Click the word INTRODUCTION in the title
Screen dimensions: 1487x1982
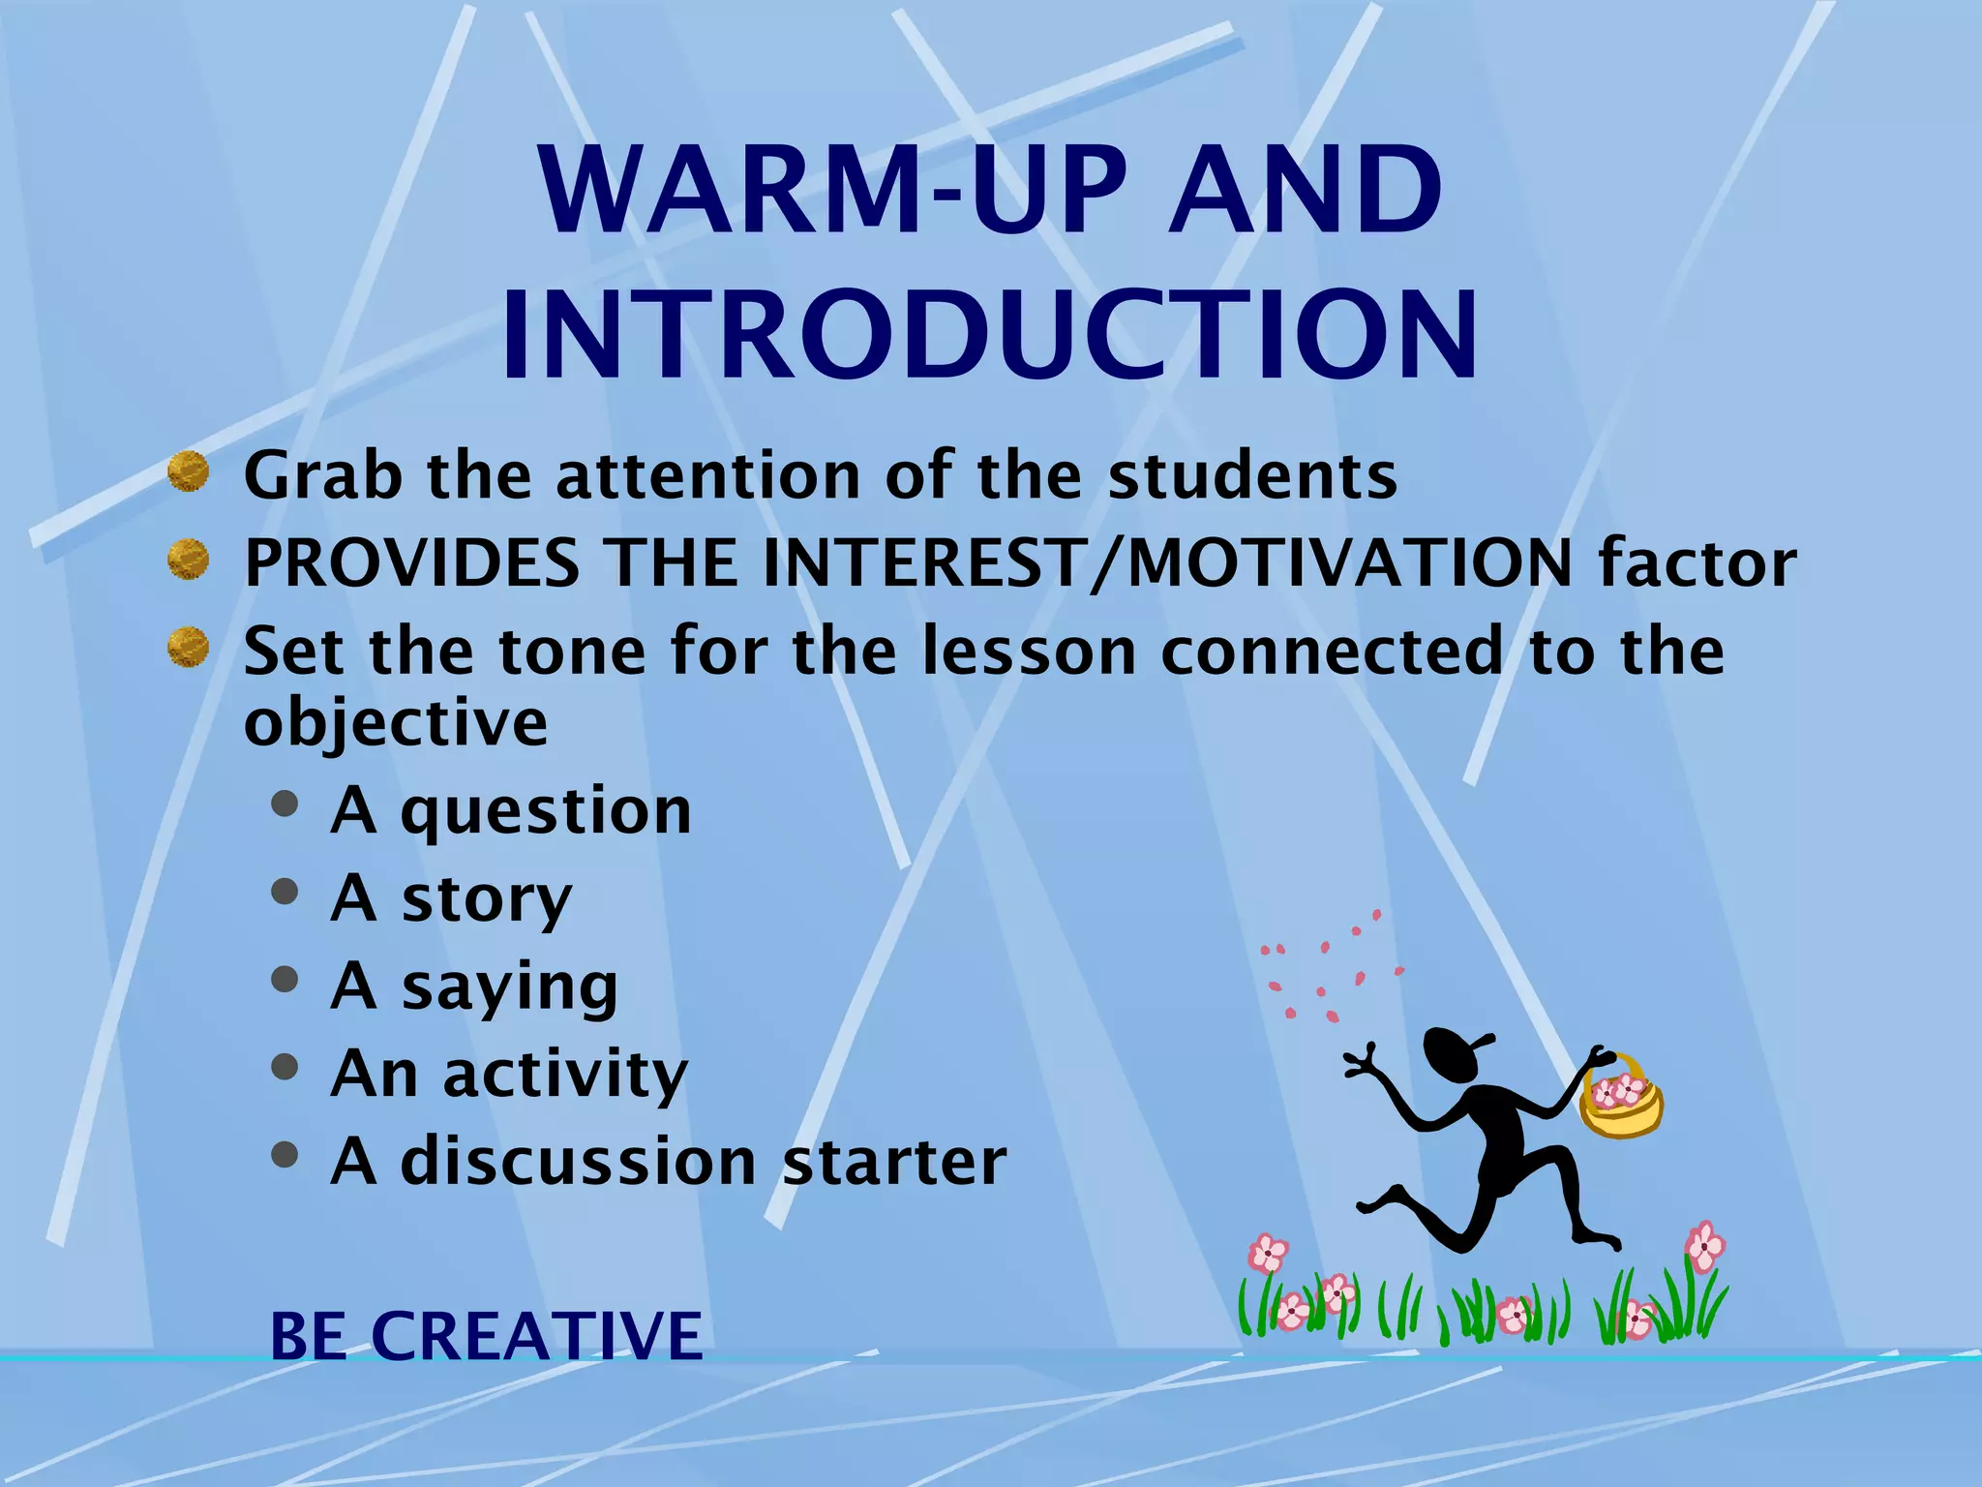(x=989, y=334)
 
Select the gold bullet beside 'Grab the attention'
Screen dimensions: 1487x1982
(x=188, y=472)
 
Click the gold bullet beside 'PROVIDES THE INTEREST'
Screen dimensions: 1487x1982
(x=188, y=560)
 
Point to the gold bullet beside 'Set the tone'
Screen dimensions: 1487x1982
(x=188, y=647)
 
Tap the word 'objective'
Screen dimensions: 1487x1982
(x=395, y=722)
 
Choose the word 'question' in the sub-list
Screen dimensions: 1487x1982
(x=546, y=811)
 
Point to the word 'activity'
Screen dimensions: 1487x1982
(x=565, y=1074)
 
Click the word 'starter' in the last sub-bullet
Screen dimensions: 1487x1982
(x=894, y=1161)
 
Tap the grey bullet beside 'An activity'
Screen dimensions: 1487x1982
(x=285, y=1067)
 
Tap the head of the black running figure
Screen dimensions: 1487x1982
(x=1454, y=1055)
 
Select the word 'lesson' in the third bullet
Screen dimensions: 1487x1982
(x=1029, y=651)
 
